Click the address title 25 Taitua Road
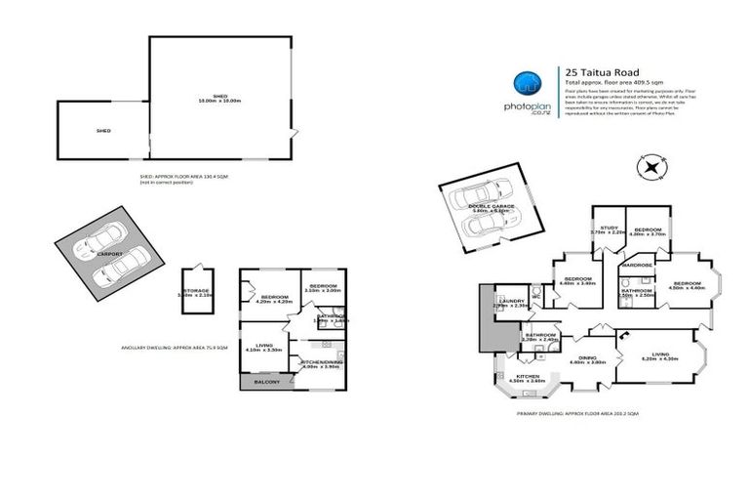[x=603, y=70]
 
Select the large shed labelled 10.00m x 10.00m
[x=219, y=98]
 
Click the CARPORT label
[x=109, y=253]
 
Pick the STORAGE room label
[x=198, y=290]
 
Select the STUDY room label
[x=609, y=229]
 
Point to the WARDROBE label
[x=637, y=265]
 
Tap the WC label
[x=536, y=298]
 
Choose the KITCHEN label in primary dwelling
[x=528, y=376]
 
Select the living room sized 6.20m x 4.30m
[x=659, y=356]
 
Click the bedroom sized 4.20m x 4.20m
[x=268, y=299]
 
